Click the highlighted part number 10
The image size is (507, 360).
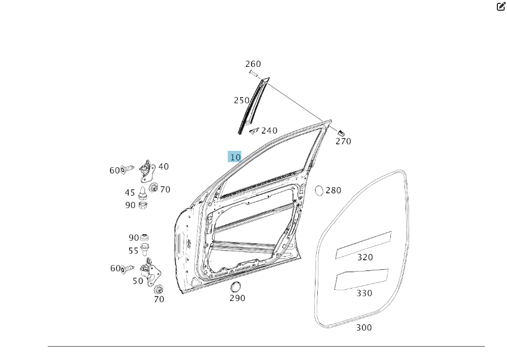point(235,157)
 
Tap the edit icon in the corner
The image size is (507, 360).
point(501,6)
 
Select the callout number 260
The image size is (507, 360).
point(253,63)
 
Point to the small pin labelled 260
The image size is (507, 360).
point(254,74)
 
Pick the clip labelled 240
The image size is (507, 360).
point(254,131)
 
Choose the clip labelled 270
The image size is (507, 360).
point(341,133)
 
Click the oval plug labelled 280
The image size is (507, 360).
point(319,190)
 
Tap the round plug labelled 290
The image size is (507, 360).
point(236,287)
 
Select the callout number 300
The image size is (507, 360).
point(364,327)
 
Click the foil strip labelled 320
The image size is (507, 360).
point(364,245)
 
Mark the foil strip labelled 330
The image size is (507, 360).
point(361,279)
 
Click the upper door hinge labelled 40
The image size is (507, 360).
point(147,171)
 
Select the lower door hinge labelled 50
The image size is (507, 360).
point(150,272)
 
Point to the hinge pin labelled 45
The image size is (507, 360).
point(143,193)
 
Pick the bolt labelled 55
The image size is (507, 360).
point(144,249)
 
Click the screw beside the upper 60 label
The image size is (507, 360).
point(127,170)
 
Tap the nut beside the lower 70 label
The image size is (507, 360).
point(159,289)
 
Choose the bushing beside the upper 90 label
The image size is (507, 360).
point(143,205)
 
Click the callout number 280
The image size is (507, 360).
point(333,190)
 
